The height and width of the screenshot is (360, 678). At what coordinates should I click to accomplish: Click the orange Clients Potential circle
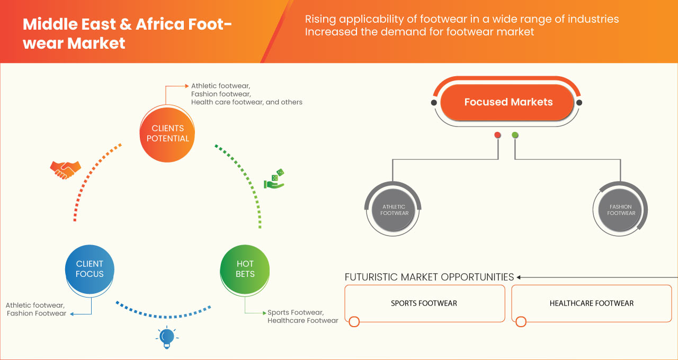click(x=167, y=133)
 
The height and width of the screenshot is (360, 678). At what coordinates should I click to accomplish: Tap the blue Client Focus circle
click(x=90, y=269)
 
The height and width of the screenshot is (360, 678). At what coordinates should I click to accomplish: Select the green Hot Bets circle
click(x=245, y=269)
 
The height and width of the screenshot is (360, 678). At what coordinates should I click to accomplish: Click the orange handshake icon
click(x=65, y=169)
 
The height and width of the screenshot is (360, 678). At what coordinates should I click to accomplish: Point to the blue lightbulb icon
click(x=167, y=337)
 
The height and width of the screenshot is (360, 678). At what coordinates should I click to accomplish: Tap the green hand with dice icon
click(x=274, y=179)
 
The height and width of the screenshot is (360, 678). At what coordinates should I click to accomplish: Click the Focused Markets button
click(x=508, y=102)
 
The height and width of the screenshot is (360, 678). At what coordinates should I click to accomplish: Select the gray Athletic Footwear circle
click(x=394, y=210)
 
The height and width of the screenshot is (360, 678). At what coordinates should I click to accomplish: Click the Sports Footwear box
click(x=424, y=303)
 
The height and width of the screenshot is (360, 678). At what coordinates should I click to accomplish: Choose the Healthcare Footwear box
click(x=591, y=303)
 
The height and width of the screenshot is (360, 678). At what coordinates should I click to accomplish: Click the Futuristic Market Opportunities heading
click(x=429, y=277)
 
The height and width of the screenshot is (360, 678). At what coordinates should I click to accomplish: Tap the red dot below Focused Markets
click(x=497, y=135)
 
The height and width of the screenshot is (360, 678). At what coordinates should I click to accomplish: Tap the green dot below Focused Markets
click(x=515, y=135)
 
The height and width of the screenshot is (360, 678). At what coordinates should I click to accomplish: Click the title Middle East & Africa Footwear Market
click(x=127, y=33)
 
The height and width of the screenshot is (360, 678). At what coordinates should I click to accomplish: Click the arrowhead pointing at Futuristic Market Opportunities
click(x=519, y=277)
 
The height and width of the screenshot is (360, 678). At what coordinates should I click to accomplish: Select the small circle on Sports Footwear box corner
click(x=354, y=321)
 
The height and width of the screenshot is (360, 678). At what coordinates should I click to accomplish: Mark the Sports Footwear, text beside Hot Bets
click(x=295, y=312)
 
